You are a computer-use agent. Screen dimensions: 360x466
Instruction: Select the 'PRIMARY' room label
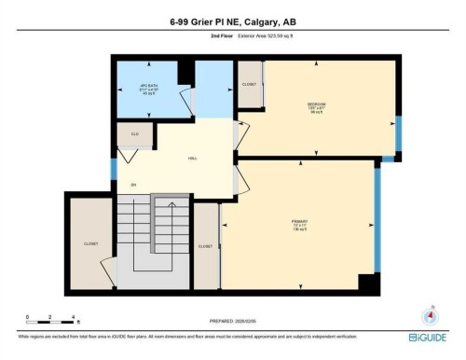click(299, 222)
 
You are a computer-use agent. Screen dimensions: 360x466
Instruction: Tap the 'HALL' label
click(193, 159)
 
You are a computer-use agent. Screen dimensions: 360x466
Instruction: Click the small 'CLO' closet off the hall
click(134, 134)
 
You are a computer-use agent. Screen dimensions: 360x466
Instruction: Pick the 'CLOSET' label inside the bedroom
click(249, 84)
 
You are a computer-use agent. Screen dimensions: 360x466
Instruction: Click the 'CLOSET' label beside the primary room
click(205, 246)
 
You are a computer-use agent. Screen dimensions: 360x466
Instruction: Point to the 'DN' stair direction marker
click(133, 184)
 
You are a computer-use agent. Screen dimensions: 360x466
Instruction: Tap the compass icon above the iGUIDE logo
click(430, 316)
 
